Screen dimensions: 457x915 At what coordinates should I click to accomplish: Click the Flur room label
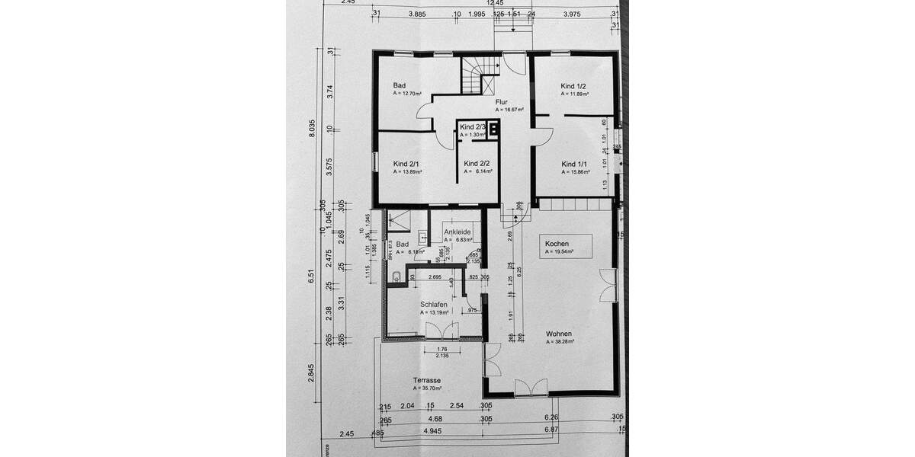click(x=502, y=101)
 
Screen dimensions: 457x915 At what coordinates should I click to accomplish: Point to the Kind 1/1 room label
click(x=574, y=164)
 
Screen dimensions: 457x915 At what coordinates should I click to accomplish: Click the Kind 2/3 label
click(x=473, y=126)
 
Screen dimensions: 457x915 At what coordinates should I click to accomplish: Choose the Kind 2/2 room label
click(x=477, y=163)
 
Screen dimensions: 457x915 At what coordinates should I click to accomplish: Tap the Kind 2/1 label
click(x=406, y=164)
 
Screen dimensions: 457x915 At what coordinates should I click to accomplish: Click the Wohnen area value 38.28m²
click(x=560, y=342)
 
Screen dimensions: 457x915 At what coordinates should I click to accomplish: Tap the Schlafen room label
click(x=433, y=304)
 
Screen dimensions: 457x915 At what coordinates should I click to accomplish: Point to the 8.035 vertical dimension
click(x=312, y=129)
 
